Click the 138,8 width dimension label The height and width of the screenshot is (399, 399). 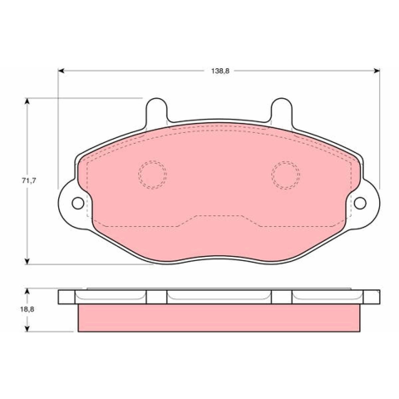pos(220,71)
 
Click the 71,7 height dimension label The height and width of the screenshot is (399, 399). pos(29,180)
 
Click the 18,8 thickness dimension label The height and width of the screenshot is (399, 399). pos(27,309)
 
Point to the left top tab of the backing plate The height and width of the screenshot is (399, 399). pos(156,111)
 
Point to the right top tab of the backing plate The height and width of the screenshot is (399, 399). pos(282,111)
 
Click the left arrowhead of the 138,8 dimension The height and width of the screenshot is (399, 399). pos(61,71)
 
